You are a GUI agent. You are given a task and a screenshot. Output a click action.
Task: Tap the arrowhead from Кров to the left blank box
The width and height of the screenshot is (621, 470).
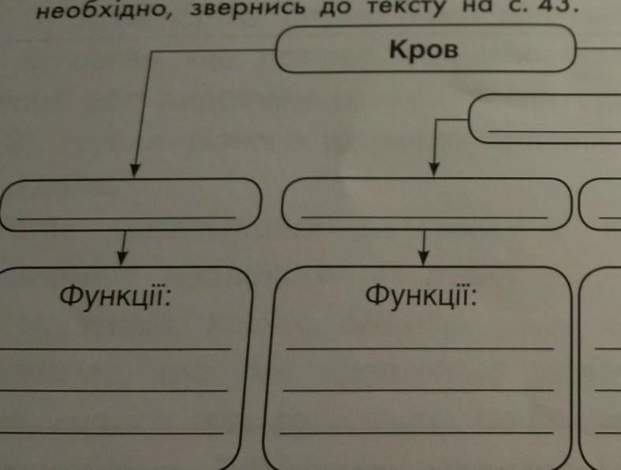135,170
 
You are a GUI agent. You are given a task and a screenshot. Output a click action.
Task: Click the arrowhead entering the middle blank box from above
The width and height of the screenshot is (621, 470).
433,169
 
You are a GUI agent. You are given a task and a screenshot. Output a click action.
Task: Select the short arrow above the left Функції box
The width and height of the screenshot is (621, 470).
122,248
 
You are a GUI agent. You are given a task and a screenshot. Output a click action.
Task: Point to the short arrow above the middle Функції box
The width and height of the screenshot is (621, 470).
424,246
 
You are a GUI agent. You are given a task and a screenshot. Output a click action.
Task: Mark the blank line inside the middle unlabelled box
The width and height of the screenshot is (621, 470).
425,216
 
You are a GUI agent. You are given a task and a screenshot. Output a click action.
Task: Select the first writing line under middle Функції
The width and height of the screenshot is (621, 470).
420,347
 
